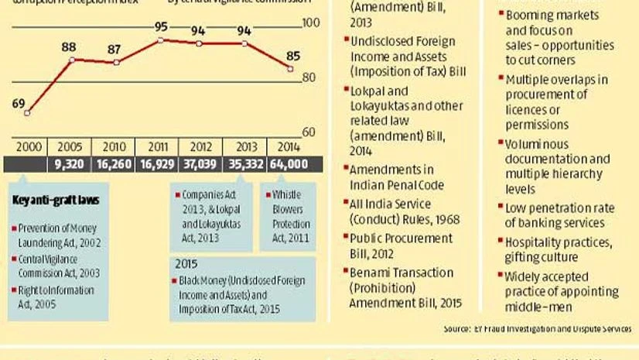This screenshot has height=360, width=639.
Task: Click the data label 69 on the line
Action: [x=20, y=102]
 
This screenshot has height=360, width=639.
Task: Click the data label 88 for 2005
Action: [x=69, y=46]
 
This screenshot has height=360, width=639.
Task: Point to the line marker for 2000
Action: [x=26, y=113]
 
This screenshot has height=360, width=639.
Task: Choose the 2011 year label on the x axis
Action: [x=160, y=147]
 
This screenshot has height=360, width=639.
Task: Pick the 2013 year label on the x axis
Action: [x=244, y=147]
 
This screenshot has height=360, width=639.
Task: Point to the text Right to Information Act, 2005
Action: [x=54, y=296]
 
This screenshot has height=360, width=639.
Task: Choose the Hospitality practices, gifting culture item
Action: [x=557, y=249]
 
